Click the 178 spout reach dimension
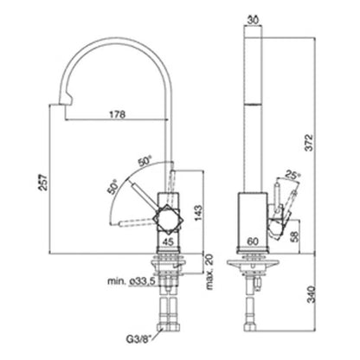118,114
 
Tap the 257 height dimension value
44,183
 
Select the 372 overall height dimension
309,142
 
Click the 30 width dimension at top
253,20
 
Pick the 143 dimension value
198,213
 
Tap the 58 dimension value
294,236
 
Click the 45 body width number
169,241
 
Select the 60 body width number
253,241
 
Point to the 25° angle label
292,174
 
